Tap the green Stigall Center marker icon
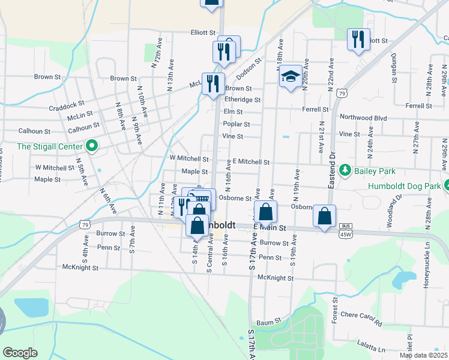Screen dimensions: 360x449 coord(92,146)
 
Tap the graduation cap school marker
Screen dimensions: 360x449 coord(291,76)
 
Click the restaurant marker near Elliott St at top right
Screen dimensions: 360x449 coord(358,40)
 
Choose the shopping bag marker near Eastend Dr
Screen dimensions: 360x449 coord(324,217)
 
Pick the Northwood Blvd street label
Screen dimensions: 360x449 coord(363,118)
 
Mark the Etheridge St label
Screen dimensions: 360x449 coord(243,100)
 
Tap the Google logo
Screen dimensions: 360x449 coord(20,353)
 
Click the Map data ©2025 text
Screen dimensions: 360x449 coord(423,355)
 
